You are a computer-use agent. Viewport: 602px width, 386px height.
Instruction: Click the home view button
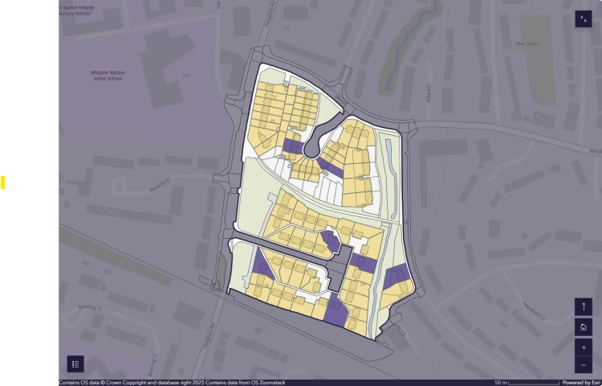click(584, 327)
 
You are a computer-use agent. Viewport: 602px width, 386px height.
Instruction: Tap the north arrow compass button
click(584, 307)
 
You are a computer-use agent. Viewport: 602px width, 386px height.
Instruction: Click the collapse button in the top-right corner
click(584, 20)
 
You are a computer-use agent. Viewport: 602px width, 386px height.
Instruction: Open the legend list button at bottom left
click(75, 363)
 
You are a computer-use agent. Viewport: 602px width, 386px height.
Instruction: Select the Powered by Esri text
click(581, 383)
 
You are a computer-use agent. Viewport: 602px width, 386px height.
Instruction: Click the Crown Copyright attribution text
click(172, 383)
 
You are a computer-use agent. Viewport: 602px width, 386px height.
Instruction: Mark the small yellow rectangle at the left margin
click(3, 183)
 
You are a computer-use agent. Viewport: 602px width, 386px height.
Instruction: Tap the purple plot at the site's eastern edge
click(397, 277)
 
